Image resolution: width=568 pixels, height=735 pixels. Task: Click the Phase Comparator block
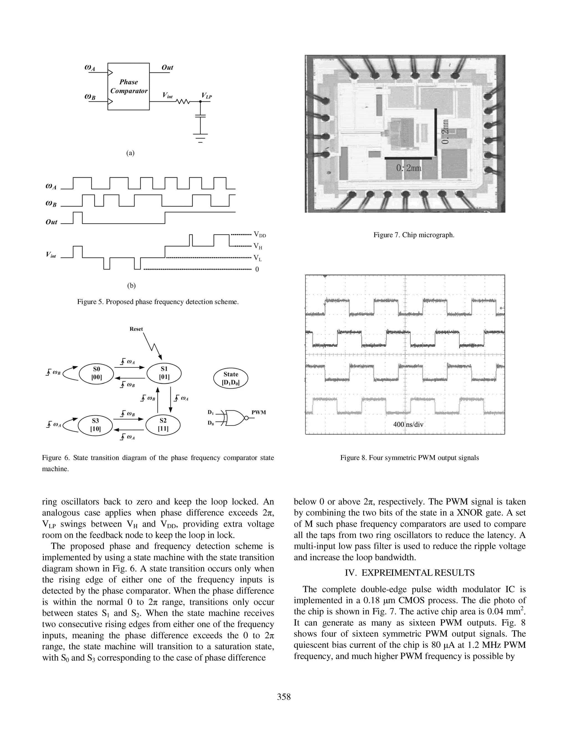128,87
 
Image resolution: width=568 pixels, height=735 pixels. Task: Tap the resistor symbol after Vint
184,101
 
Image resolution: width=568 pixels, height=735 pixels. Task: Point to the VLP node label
207,96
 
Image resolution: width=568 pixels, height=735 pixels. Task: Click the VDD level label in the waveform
260,235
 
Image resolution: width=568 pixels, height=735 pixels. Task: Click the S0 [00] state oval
97,373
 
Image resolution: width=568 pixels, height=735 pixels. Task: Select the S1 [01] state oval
164,373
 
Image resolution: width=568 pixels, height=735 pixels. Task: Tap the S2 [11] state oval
163,425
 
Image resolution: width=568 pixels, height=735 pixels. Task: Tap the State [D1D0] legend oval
231,378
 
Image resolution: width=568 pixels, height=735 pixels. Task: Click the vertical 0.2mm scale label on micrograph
445,131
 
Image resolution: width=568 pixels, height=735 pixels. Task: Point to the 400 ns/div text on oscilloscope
408,424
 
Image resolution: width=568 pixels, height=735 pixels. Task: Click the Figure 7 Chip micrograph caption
414,235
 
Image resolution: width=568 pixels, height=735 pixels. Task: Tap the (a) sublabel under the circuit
130,153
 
